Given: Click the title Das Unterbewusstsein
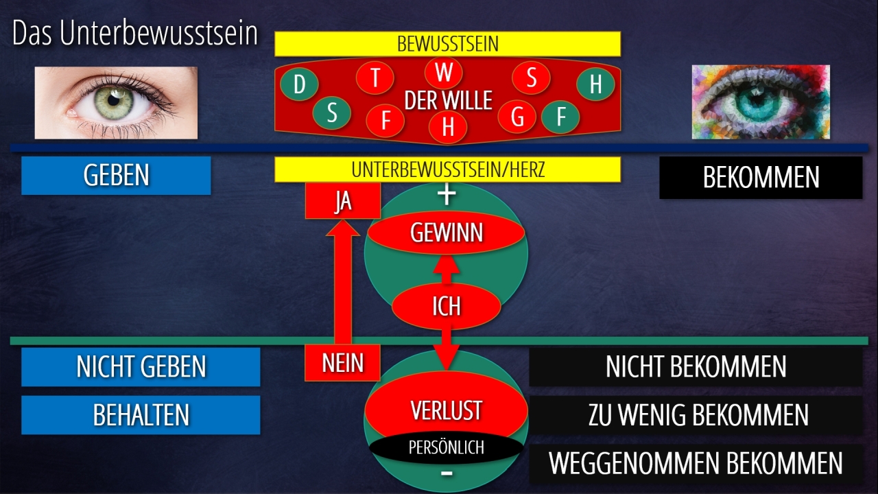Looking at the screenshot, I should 134,34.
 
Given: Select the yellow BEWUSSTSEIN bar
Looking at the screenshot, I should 447,44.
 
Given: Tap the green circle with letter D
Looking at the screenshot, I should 300,85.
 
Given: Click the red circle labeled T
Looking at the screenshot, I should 375,78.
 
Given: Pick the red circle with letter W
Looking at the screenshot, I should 444,72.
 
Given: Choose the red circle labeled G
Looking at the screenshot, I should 517,117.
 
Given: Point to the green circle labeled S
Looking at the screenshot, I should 332,113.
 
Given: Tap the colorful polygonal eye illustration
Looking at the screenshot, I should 760,102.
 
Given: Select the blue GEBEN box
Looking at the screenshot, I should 116,176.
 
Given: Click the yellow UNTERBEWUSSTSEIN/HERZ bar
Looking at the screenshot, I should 447,169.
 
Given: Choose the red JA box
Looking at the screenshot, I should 342,202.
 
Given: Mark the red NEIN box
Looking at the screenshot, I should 342,362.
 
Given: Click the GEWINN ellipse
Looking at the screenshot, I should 447,233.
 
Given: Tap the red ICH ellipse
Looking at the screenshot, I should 446,306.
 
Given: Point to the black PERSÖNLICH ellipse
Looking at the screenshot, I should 446,448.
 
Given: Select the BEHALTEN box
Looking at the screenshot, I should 141,415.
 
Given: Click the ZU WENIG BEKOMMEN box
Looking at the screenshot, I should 696,415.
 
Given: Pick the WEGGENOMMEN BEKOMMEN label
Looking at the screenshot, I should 696,464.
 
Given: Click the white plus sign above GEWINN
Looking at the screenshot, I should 447,195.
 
